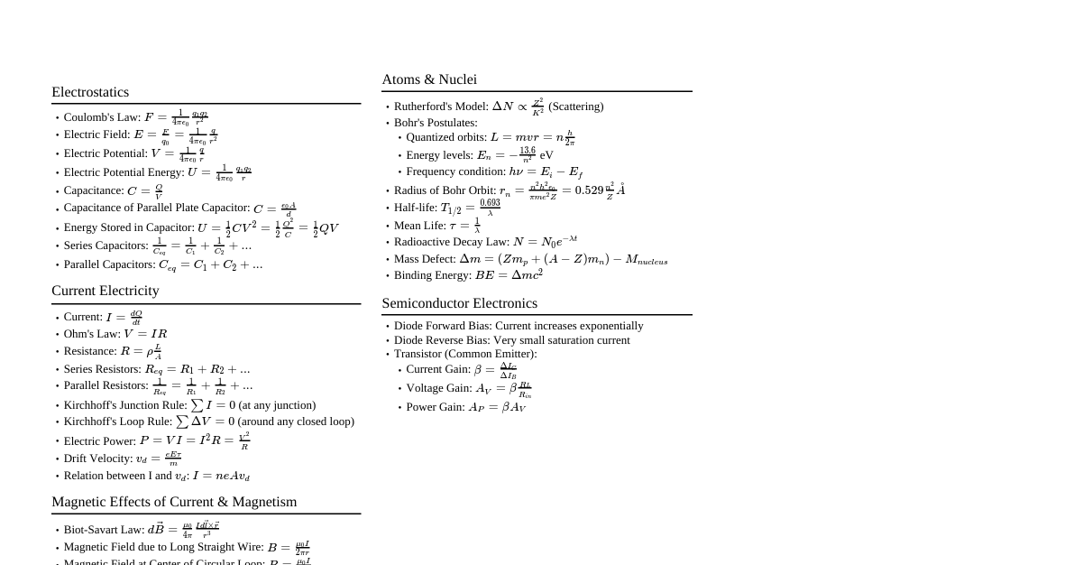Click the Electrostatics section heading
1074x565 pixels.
pyautogui.click(x=90, y=92)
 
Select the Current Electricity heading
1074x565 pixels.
pyautogui.click(x=105, y=291)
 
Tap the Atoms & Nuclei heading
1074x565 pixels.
pyautogui.click(x=429, y=79)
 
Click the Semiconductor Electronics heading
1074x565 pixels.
pyautogui.click(x=459, y=303)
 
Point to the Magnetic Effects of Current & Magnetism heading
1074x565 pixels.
pyautogui.click(x=174, y=502)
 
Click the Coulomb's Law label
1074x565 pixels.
pyautogui.click(x=102, y=117)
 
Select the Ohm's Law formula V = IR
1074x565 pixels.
pyautogui.click(x=145, y=334)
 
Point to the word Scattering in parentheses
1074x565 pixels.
pyautogui.click(x=576, y=107)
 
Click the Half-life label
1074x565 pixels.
pyautogui.click(x=415, y=208)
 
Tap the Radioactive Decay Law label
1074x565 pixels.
pyautogui.click(x=451, y=242)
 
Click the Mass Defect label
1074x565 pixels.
pyautogui.click(x=425, y=259)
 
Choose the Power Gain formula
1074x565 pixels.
pyautogui.click(x=497, y=407)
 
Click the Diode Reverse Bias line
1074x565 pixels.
pyautogui.click(x=511, y=340)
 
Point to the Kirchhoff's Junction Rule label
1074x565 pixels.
pyautogui.click(x=125, y=405)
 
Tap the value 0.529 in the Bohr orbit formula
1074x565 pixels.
pyautogui.click(x=589, y=190)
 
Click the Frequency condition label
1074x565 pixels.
pyautogui.click(x=455, y=171)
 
